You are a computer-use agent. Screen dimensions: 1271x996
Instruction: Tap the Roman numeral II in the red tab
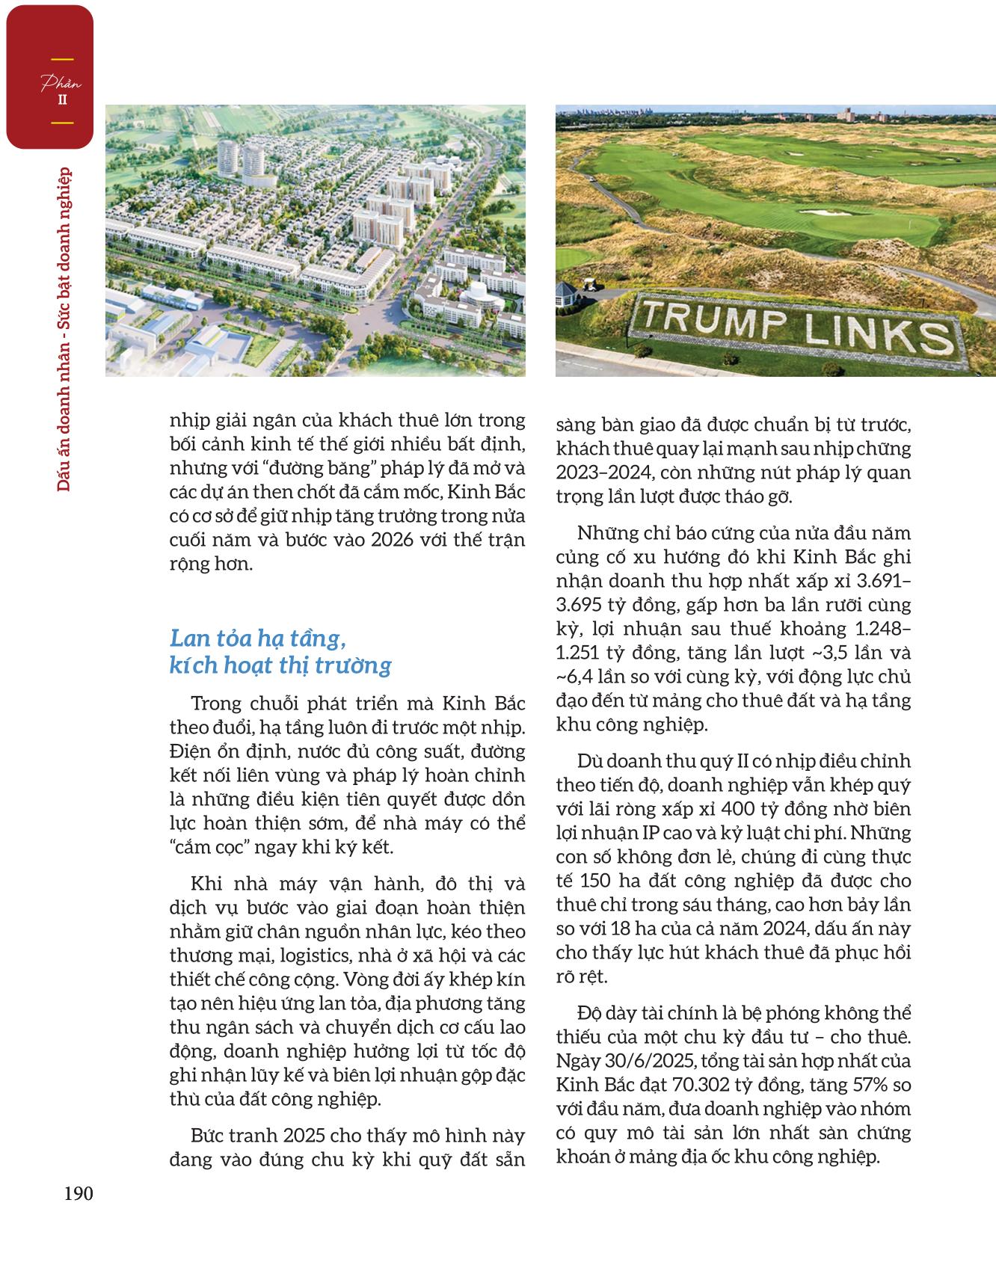tap(62, 99)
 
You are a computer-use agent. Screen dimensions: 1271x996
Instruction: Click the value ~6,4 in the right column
tap(576, 677)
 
